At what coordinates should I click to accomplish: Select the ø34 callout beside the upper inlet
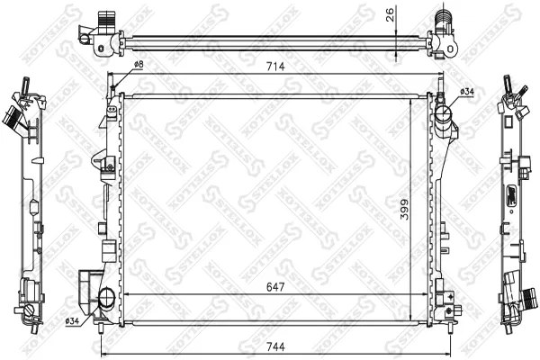click(467, 91)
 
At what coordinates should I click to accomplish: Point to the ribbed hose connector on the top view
click(442, 19)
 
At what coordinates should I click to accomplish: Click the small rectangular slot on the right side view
click(508, 196)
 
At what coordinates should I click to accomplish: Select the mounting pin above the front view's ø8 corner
click(112, 86)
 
